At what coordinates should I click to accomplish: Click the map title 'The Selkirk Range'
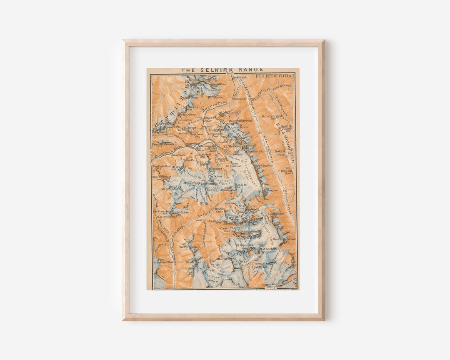click(222, 70)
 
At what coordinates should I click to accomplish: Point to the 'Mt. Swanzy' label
click(209, 183)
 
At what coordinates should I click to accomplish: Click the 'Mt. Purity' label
click(224, 258)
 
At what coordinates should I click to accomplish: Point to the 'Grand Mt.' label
click(260, 267)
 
